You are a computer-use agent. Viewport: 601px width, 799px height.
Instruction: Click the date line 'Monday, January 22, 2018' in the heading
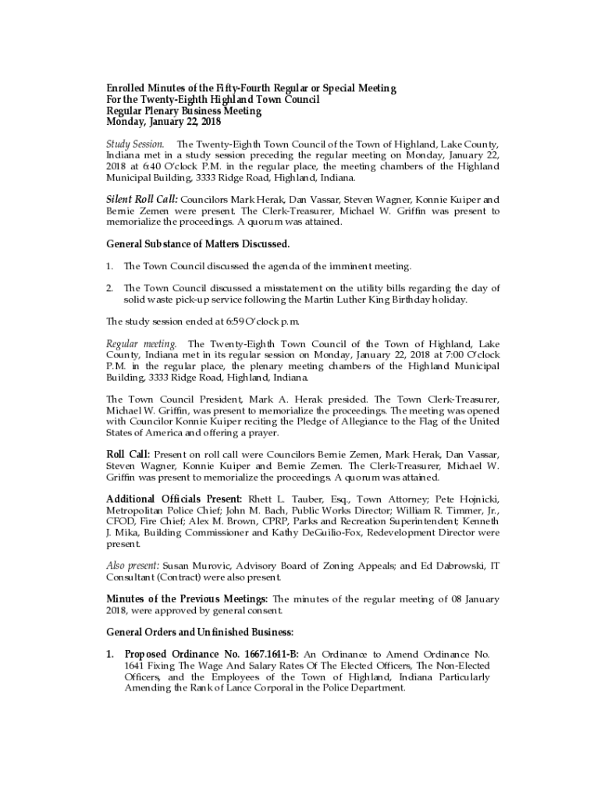pyautogui.click(x=164, y=123)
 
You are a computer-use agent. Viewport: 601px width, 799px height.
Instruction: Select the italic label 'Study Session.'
pyautogui.click(x=135, y=144)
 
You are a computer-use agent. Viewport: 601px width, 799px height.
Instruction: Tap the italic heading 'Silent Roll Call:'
pyautogui.click(x=142, y=200)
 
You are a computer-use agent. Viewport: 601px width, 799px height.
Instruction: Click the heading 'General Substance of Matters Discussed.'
pyautogui.click(x=197, y=244)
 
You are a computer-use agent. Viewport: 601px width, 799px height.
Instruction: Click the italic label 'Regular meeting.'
pyautogui.click(x=142, y=344)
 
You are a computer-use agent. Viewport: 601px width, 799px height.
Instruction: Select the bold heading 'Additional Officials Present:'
pyautogui.click(x=174, y=499)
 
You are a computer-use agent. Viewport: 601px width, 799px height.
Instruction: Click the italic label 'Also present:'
pyautogui.click(x=133, y=565)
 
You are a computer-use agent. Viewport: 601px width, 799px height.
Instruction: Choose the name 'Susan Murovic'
pyautogui.click(x=195, y=565)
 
